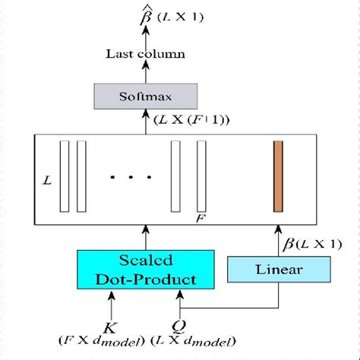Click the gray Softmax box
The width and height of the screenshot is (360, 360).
click(x=146, y=96)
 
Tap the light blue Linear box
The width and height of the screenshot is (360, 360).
click(x=279, y=270)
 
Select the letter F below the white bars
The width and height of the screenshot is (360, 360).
click(x=200, y=218)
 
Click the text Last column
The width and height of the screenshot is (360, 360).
click(x=145, y=54)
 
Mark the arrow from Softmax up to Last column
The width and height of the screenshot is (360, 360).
click(x=145, y=73)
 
